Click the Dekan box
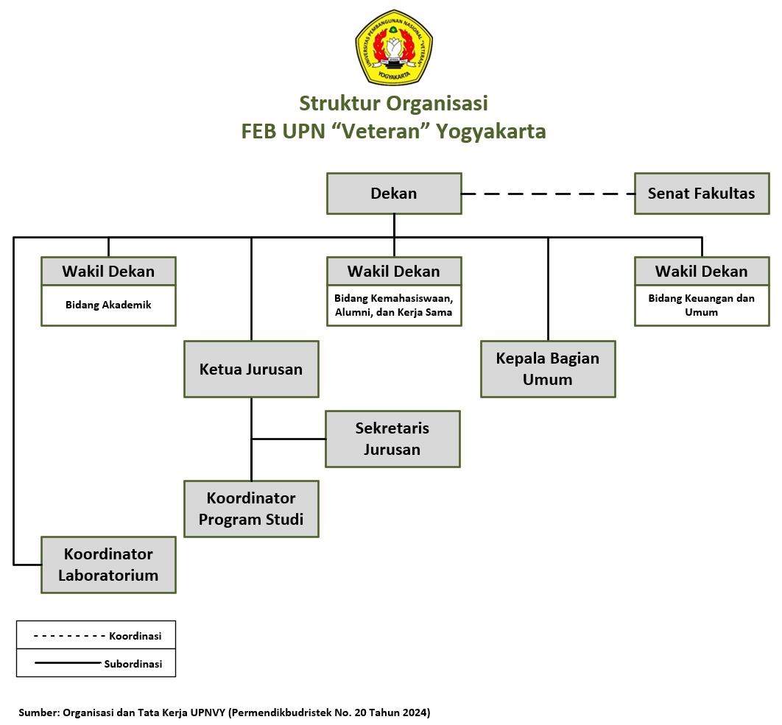394,194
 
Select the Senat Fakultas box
701,194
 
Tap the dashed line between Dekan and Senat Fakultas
548,194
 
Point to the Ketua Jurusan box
251,369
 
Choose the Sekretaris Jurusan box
392,439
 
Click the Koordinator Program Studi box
251,509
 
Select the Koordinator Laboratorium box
108,565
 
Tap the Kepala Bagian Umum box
548,369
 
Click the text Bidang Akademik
108,305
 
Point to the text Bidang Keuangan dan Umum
701,305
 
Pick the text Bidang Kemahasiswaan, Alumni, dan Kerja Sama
394,305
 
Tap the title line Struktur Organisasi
393,102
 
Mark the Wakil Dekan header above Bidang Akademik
108,271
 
